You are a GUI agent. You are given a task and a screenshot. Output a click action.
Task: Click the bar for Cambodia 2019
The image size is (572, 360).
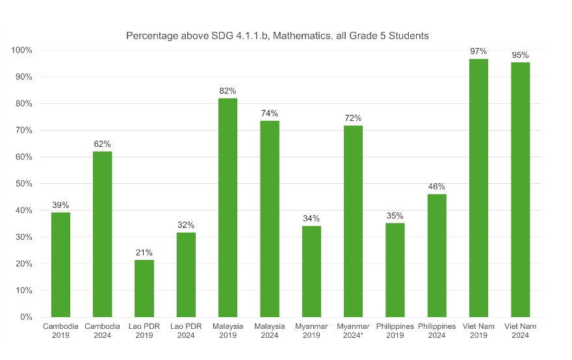click(x=60, y=264)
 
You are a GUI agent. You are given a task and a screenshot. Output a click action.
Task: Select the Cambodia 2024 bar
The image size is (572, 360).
click(x=102, y=234)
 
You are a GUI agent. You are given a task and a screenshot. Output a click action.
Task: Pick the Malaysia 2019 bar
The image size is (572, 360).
click(x=228, y=207)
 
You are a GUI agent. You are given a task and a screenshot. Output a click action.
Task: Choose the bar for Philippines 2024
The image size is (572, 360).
click(x=437, y=255)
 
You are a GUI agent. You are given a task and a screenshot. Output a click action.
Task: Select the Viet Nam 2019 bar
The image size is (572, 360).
click(x=478, y=188)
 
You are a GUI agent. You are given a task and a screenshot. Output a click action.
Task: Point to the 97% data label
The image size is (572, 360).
click(x=478, y=51)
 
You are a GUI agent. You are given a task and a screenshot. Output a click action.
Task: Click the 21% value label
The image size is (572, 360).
click(x=144, y=252)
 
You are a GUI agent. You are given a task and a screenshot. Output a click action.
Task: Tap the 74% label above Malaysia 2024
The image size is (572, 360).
click(x=270, y=113)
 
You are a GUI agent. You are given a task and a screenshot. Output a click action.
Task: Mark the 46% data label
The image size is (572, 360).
click(x=437, y=186)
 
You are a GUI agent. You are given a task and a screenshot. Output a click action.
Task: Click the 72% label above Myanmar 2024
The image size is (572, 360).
click(x=354, y=118)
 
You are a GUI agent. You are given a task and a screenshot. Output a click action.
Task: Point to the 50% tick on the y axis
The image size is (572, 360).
click(x=24, y=184)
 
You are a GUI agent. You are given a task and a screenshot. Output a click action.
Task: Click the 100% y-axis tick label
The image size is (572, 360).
click(x=22, y=50)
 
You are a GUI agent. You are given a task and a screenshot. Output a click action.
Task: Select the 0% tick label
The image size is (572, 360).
click(x=26, y=317)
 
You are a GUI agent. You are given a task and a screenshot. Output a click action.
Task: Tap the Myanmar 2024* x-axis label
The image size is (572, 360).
click(x=354, y=330)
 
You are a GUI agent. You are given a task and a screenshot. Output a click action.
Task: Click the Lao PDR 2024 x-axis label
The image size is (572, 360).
click(x=186, y=330)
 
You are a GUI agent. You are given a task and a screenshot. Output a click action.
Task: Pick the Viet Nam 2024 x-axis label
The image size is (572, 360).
click(x=520, y=330)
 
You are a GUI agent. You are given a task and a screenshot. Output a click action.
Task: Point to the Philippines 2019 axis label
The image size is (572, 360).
click(x=395, y=330)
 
